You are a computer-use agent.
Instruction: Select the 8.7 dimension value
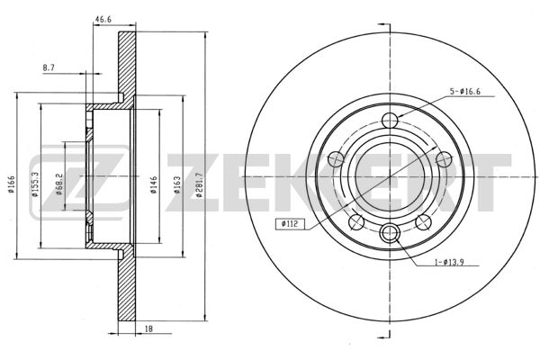49,68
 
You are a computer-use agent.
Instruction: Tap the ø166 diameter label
11,184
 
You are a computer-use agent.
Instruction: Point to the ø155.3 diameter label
34,184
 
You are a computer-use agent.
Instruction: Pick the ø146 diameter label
154,184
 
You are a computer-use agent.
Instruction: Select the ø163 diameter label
177,184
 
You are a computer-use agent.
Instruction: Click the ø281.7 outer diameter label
199,184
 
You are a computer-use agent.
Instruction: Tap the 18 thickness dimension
148,329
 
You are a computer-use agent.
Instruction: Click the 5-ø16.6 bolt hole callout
465,92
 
